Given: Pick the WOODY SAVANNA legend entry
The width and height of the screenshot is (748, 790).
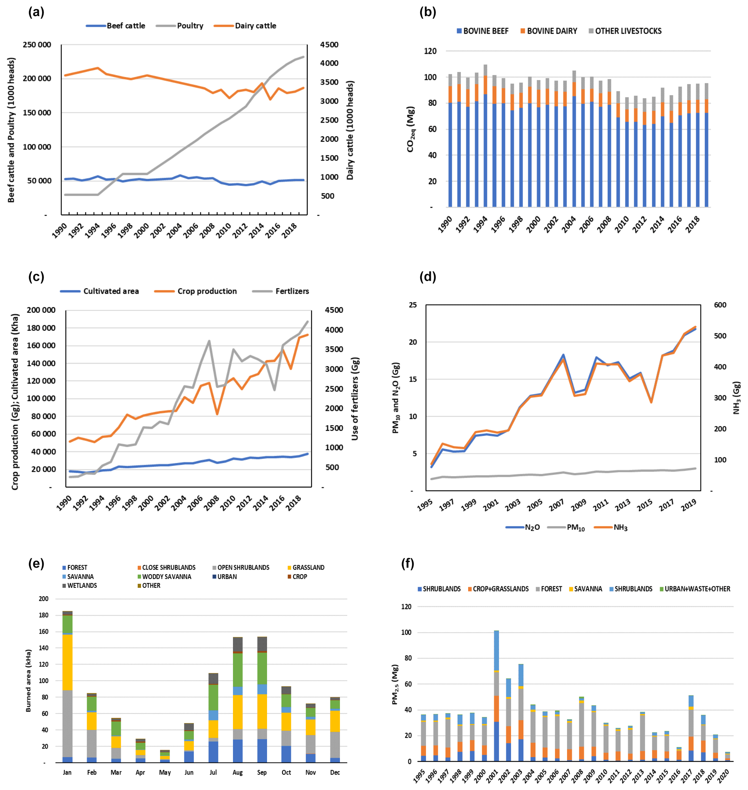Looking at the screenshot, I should tap(166, 577).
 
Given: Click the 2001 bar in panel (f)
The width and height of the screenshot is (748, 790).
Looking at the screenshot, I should tap(496, 696).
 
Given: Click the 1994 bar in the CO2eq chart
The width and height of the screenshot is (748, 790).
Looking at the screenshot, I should tap(485, 136).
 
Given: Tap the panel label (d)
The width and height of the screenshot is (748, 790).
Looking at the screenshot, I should tap(427, 277).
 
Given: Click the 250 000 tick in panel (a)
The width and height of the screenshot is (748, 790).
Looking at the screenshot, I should tap(37, 45).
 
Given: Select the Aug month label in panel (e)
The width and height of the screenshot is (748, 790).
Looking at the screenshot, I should tap(238, 772).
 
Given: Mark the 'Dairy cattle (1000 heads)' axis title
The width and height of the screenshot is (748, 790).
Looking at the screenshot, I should tap(350, 130).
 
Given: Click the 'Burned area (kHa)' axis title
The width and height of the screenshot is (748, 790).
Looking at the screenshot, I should tap(28, 681).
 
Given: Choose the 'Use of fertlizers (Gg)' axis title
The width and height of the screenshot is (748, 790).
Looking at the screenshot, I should tap(355, 398).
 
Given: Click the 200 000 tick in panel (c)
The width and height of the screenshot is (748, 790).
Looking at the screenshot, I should tap(41, 310).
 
